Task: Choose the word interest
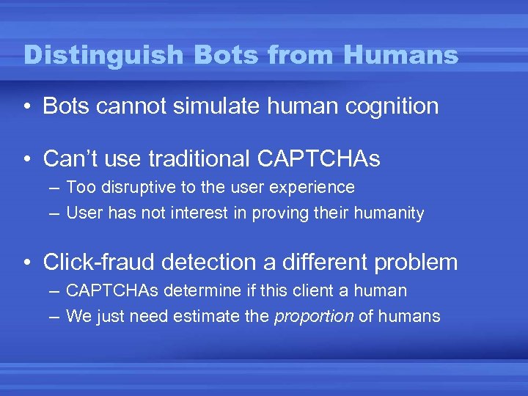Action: [x=213, y=213]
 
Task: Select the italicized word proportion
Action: [x=313, y=317]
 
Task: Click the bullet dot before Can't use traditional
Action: [x=26, y=158]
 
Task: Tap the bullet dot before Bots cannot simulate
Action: [x=26, y=106]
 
